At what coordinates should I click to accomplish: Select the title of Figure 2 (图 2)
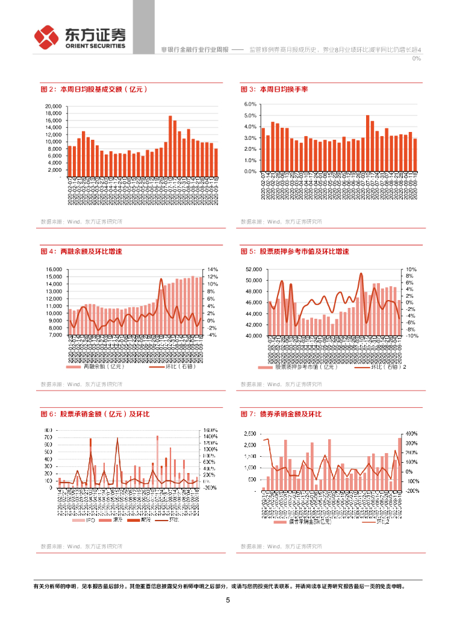(x=94, y=89)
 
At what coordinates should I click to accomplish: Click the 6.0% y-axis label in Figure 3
(x=250, y=104)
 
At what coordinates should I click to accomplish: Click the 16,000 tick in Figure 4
(x=54, y=269)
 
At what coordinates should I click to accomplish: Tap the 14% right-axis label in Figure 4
(x=213, y=269)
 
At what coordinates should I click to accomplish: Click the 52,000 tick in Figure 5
(x=253, y=269)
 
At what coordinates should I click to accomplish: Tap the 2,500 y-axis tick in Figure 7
(x=250, y=434)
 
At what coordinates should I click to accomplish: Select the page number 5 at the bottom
(x=228, y=600)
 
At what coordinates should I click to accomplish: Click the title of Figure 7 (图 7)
(x=281, y=415)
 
